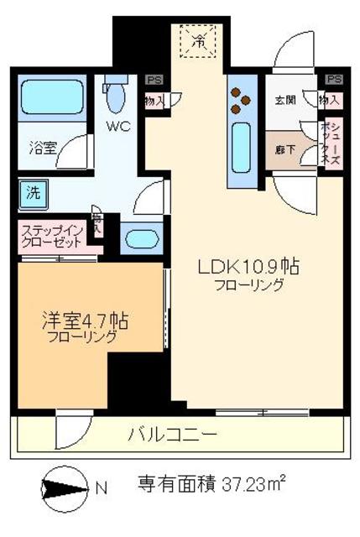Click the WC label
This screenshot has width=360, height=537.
[x=117, y=128]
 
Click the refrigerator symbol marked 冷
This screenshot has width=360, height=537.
[x=199, y=40]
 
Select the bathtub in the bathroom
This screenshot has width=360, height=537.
[x=50, y=99]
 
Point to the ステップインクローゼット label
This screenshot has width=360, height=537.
[x=51, y=236]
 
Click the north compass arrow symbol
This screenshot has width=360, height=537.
[x=64, y=486]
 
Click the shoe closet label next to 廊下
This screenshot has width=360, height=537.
[x=331, y=144]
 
